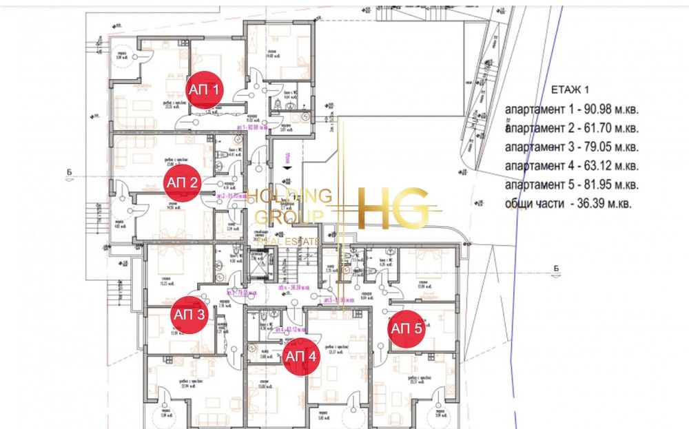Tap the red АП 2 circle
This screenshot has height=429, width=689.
pyautogui.click(x=182, y=183)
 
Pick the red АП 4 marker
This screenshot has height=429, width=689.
pyautogui.click(x=300, y=356)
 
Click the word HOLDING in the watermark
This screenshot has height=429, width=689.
pyautogui.click(x=289, y=195)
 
